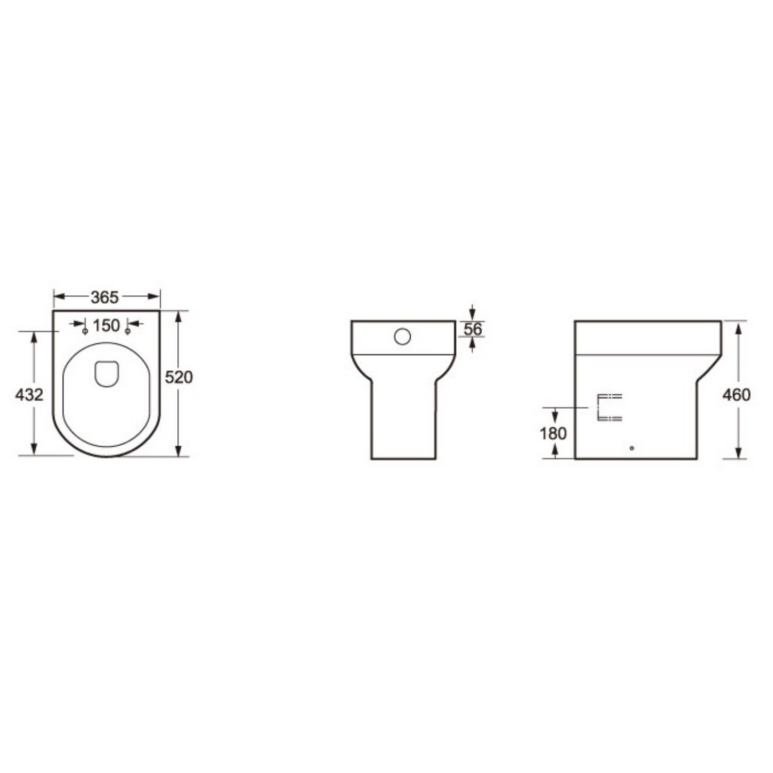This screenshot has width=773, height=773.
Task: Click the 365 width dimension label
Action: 105,297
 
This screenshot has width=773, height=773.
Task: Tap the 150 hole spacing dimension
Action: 106,326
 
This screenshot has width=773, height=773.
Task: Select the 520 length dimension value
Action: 178,377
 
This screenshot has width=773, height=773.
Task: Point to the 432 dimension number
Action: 29,395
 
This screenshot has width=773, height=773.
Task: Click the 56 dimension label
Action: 473,329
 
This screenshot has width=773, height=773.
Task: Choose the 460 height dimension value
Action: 736,395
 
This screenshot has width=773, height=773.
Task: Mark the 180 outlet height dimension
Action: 553,433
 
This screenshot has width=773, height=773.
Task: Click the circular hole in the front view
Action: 402,337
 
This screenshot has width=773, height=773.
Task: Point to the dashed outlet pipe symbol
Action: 609,407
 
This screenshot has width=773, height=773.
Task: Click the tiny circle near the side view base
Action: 632,448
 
